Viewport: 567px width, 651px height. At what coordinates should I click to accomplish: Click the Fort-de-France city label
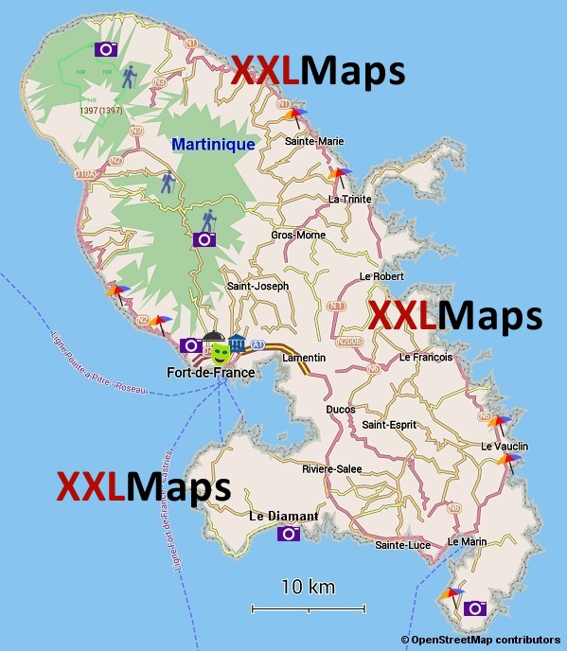click(x=210, y=373)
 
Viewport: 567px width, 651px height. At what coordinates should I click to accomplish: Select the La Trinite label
click(x=349, y=199)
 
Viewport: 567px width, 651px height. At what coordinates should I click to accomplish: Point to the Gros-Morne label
click(x=298, y=235)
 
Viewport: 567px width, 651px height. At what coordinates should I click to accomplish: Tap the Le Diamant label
click(x=284, y=517)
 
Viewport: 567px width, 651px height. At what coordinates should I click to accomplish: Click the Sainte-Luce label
click(x=403, y=545)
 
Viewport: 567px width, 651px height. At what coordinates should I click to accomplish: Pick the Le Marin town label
click(x=467, y=541)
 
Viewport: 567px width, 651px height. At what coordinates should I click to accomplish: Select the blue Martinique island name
click(x=213, y=145)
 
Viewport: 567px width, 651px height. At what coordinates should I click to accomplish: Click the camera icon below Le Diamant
click(x=289, y=534)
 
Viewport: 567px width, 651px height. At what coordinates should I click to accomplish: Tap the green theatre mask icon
click(x=221, y=353)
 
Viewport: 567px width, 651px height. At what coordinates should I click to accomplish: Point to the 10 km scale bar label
click(x=308, y=588)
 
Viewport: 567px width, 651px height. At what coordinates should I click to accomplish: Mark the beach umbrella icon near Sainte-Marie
click(x=297, y=115)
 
